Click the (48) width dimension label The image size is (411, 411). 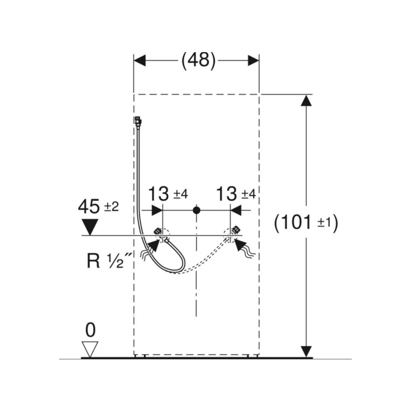pos(198,61)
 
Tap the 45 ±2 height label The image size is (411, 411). pos(98,207)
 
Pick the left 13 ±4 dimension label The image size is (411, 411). pos(167,194)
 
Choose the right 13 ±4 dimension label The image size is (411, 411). pos(236,194)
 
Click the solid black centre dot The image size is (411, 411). pos(196,210)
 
